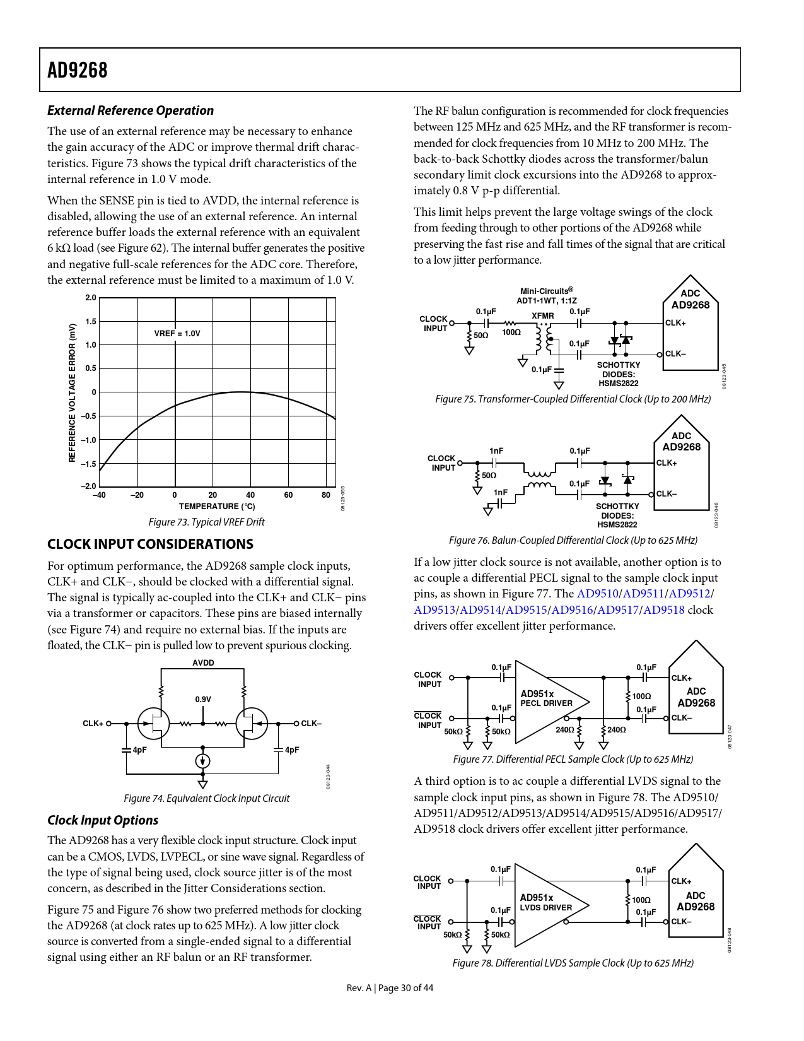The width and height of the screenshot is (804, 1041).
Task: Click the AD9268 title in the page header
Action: [78, 70]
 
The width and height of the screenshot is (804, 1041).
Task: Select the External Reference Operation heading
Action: [131, 110]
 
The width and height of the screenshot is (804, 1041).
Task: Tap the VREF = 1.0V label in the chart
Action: [177, 333]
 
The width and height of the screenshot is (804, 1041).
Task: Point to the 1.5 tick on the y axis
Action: [91, 321]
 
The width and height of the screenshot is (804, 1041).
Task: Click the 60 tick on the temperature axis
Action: [288, 495]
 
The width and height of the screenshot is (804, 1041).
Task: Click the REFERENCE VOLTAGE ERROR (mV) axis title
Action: [72, 392]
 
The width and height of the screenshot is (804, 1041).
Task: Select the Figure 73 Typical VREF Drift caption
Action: [206, 522]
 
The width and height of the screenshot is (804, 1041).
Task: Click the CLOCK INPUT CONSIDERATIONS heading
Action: [150, 544]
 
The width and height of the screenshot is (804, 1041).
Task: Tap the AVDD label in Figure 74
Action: [203, 662]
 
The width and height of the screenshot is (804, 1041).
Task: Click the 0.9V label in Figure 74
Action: [203, 699]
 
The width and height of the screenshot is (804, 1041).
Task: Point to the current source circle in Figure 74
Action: [202, 761]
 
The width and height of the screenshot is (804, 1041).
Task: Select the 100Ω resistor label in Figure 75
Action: [511, 332]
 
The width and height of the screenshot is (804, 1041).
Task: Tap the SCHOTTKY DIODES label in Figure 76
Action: [617, 515]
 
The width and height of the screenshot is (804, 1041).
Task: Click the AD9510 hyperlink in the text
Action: [597, 594]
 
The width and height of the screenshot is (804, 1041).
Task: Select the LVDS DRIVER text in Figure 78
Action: [546, 908]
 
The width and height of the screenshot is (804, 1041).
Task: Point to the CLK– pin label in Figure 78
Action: [681, 922]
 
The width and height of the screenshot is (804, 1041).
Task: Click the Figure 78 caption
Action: [573, 963]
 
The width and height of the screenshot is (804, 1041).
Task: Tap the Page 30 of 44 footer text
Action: [405, 988]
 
